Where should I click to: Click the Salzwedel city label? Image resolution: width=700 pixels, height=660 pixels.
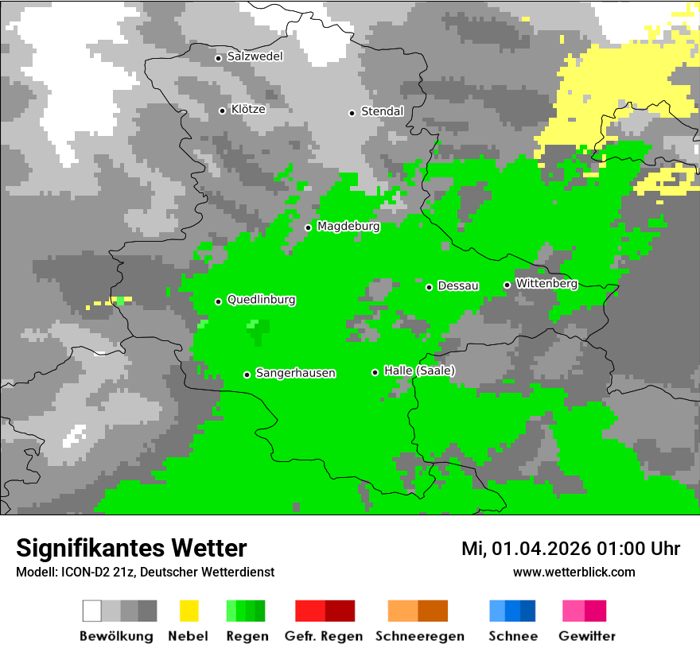pyautogui.click(x=255, y=56)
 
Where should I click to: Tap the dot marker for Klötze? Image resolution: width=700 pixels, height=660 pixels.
pyautogui.click(x=222, y=111)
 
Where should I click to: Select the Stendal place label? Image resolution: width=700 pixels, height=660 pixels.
pyautogui.click(x=382, y=111)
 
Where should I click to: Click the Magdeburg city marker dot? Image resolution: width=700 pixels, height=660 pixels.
pyautogui.click(x=308, y=227)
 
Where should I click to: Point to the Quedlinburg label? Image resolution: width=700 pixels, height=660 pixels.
pyautogui.click(x=261, y=300)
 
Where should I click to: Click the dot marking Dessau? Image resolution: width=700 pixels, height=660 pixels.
pyautogui.click(x=429, y=287)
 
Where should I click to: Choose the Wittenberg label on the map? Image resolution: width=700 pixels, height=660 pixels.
pyautogui.click(x=546, y=283)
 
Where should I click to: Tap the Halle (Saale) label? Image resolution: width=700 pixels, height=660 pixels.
pyautogui.click(x=419, y=371)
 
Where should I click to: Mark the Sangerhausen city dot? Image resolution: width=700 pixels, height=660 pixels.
pyautogui.click(x=247, y=375)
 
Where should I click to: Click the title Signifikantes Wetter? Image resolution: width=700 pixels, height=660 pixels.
pyautogui.click(x=131, y=548)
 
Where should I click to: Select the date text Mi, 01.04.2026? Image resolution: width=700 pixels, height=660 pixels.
pyautogui.click(x=532, y=549)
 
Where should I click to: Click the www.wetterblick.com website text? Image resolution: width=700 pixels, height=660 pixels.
pyautogui.click(x=574, y=572)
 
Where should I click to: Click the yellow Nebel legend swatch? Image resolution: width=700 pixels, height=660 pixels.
pyautogui.click(x=189, y=611)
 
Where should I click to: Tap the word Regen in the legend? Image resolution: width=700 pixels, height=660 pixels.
pyautogui.click(x=246, y=636)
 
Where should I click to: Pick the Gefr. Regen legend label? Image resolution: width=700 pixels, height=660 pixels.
pyautogui.click(x=324, y=636)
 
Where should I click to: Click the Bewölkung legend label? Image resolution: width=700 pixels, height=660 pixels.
pyautogui.click(x=116, y=636)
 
